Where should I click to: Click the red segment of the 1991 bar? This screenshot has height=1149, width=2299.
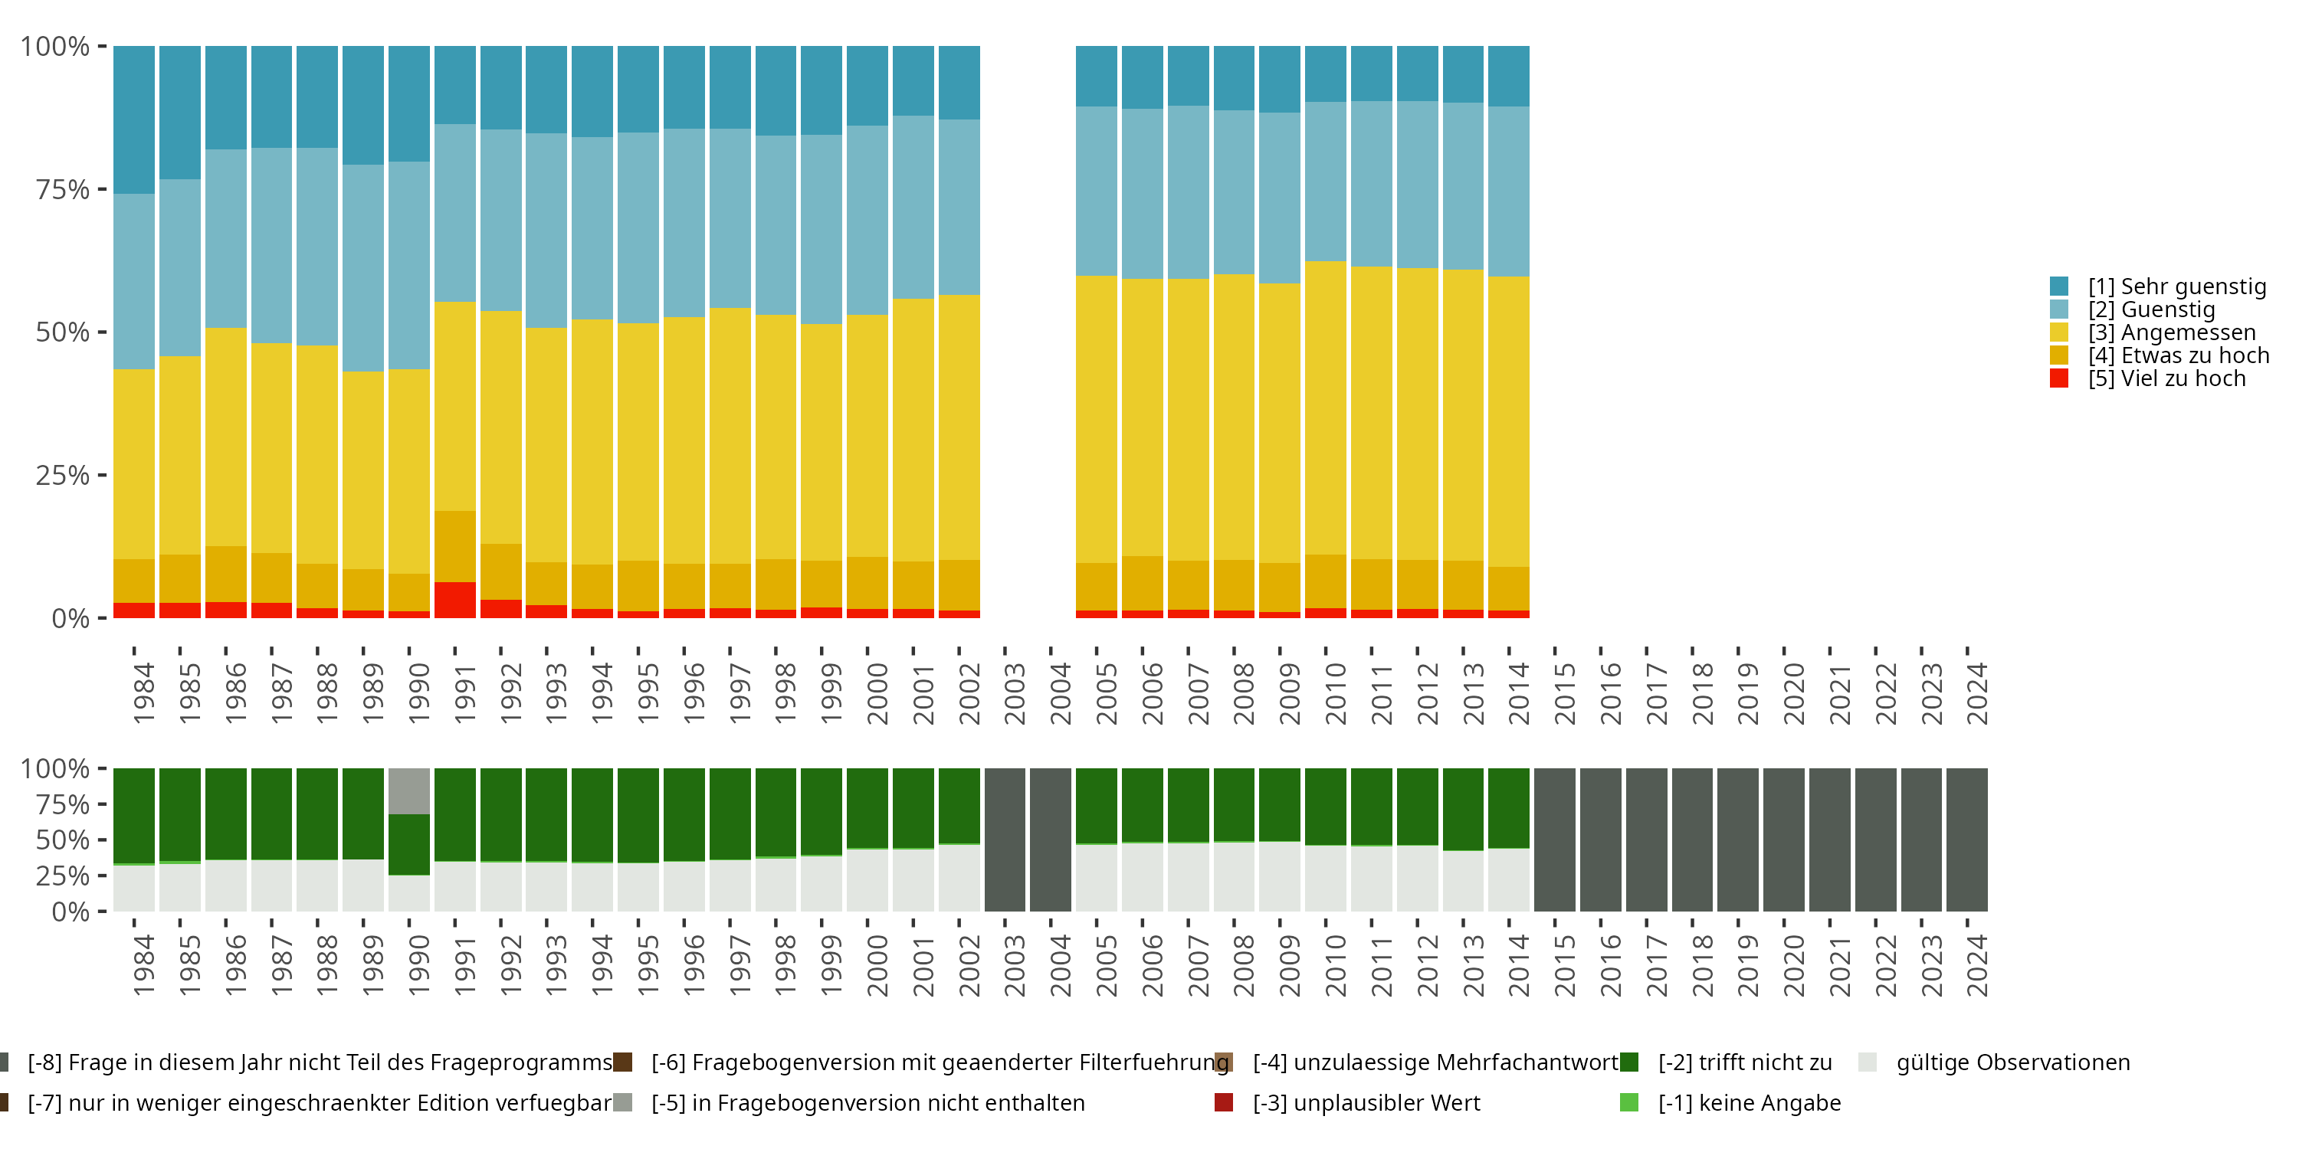455,601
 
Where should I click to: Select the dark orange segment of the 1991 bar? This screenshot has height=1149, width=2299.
455,547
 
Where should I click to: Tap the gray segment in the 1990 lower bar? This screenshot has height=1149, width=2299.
408,791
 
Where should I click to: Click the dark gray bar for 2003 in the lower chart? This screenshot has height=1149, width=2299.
1005,840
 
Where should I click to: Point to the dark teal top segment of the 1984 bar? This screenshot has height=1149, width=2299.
134,120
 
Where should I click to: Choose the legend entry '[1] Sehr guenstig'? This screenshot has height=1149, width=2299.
2159,286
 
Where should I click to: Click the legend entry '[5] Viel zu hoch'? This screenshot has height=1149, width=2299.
2148,378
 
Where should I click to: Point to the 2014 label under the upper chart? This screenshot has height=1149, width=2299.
1519,693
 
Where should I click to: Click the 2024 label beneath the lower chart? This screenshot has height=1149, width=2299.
1978,965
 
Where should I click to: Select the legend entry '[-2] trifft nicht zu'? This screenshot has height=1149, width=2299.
1726,1062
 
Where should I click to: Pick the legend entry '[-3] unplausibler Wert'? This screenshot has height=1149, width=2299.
1348,1104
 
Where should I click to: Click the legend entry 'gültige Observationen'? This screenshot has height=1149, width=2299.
1995,1062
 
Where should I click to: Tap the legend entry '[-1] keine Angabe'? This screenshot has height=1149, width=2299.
1730,1104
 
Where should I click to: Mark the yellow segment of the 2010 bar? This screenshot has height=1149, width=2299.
1325,408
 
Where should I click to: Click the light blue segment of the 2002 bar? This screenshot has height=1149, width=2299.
959,208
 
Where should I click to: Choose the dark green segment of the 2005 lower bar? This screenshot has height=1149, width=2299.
1097,806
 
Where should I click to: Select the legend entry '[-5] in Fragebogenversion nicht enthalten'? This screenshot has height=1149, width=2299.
850,1104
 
